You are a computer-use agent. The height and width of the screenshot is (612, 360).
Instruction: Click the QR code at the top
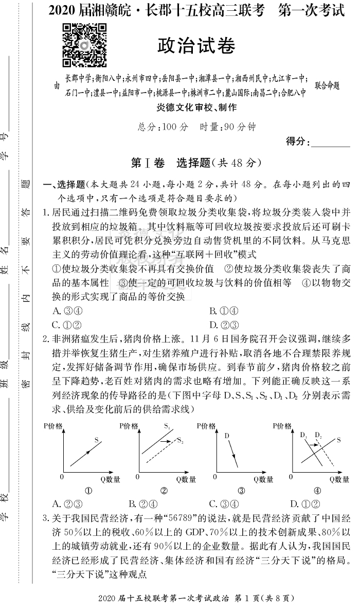point(84,46)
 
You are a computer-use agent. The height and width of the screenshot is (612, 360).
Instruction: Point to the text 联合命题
point(328,85)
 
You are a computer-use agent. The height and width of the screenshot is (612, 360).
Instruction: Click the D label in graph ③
point(226,436)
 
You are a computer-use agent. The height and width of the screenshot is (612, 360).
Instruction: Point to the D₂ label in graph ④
point(318,435)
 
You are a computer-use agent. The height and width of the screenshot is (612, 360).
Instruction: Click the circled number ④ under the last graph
point(317,491)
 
